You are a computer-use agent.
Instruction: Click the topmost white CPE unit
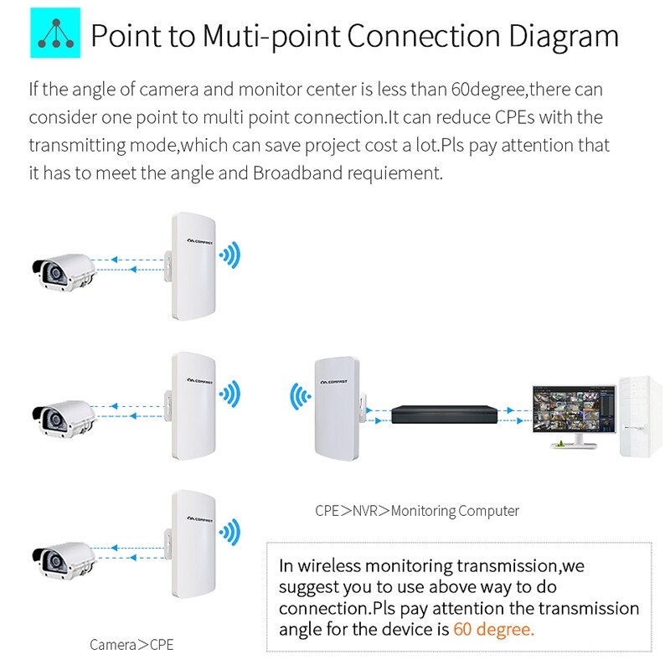(x=192, y=267)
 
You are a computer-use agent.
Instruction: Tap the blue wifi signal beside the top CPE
(x=229, y=254)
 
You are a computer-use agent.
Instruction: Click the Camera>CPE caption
(x=131, y=645)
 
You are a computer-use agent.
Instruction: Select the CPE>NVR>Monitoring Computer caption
(x=417, y=510)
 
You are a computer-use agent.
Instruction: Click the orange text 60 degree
(x=493, y=629)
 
